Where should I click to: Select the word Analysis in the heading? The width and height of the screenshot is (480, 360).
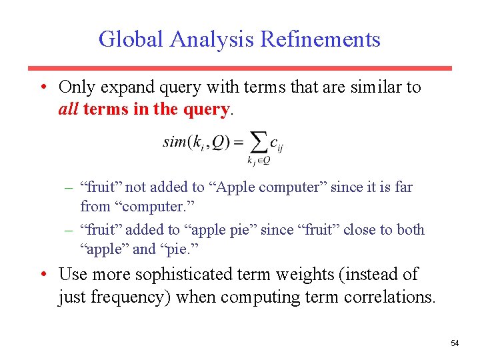[x=211, y=39]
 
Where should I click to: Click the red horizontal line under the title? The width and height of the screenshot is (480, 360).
[x=239, y=68]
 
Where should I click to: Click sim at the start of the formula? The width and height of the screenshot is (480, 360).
[x=174, y=141]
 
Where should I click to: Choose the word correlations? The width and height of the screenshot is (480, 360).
[x=389, y=297]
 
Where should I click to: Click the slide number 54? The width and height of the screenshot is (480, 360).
[x=455, y=343]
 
